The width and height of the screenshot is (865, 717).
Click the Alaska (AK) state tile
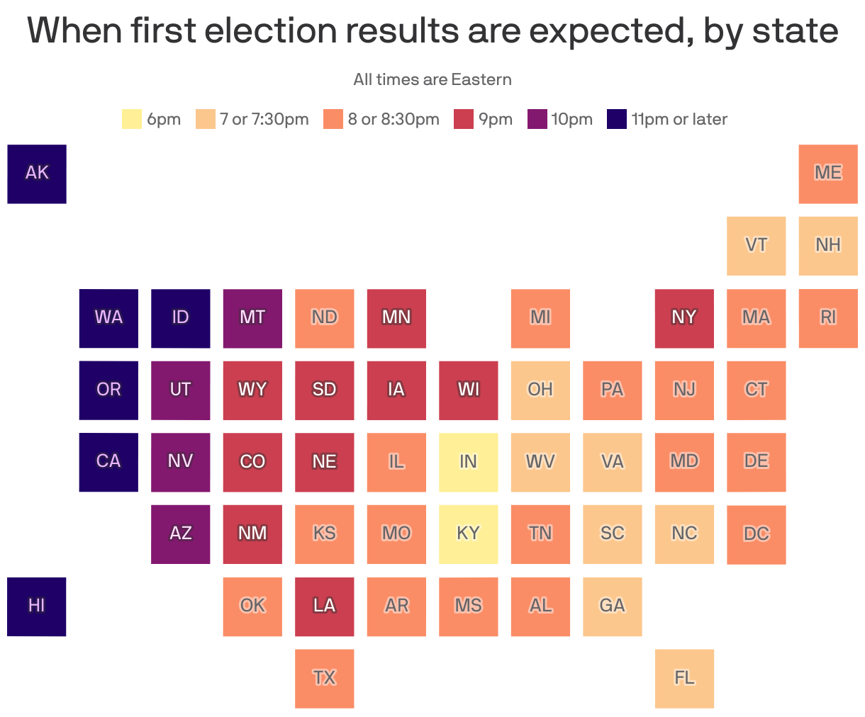(x=37, y=174)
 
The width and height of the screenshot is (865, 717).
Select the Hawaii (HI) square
(x=37, y=606)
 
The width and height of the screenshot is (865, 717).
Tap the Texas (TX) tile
(x=325, y=679)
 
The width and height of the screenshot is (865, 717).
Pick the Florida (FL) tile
(x=684, y=679)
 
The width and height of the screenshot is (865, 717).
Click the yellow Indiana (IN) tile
(x=468, y=462)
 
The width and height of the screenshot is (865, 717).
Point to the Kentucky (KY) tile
(x=468, y=534)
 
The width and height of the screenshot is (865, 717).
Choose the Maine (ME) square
(x=828, y=174)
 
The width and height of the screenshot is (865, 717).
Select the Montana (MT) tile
(x=252, y=318)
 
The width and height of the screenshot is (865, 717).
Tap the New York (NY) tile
(x=684, y=318)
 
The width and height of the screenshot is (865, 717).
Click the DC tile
(x=757, y=534)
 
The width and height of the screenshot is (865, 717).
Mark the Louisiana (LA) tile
(x=325, y=606)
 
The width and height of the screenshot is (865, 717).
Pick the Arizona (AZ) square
(x=181, y=534)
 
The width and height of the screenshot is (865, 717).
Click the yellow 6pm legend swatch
(x=132, y=119)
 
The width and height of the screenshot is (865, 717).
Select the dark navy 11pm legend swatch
(x=617, y=119)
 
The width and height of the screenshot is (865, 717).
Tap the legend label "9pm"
(x=496, y=119)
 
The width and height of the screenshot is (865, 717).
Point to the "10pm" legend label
(x=571, y=119)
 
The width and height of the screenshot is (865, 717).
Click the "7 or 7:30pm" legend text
(x=264, y=119)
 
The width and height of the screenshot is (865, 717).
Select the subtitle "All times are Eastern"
(x=432, y=79)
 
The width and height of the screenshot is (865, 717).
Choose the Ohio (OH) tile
(x=540, y=390)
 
